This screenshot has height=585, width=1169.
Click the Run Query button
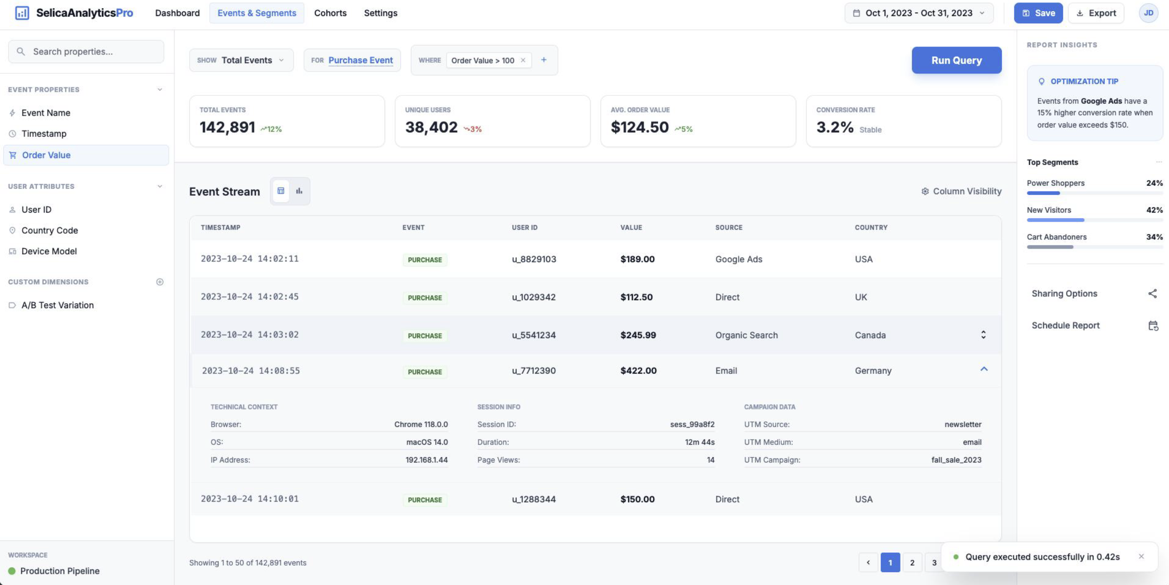click(x=956, y=60)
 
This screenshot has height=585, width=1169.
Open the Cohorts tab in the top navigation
click(x=330, y=13)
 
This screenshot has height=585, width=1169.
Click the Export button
click(x=1096, y=13)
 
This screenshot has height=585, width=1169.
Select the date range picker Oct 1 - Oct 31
click(x=918, y=13)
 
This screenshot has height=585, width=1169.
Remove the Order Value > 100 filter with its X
click(x=523, y=60)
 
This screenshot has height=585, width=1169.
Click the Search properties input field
click(x=86, y=51)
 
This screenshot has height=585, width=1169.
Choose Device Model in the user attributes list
click(x=49, y=251)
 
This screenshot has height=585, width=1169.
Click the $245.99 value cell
click(x=638, y=335)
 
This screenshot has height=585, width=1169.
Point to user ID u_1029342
click(x=534, y=297)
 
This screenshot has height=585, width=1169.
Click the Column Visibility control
click(x=961, y=191)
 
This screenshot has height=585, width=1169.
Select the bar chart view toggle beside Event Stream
click(x=299, y=191)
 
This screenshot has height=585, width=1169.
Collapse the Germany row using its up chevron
click(x=984, y=369)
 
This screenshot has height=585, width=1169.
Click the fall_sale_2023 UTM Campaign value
click(x=956, y=459)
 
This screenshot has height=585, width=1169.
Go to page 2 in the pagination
click(x=912, y=562)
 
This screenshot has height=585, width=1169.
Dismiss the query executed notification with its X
click(x=1141, y=556)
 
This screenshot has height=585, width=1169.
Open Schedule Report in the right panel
click(x=1065, y=325)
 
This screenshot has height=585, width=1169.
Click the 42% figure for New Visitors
click(x=1154, y=210)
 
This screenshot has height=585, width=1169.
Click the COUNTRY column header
click(x=870, y=227)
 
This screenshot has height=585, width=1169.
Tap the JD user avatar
click(x=1148, y=13)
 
